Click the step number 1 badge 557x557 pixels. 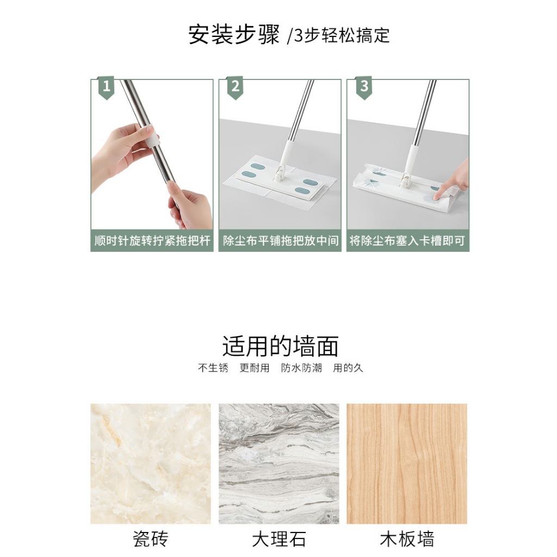pos(106,88)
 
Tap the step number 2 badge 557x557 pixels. pos(235,88)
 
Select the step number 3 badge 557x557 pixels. pos(364,88)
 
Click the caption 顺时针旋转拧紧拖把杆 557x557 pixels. pos(152,240)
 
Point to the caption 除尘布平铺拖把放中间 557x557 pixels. pos(281,240)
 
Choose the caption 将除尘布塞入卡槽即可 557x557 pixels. pos(407,240)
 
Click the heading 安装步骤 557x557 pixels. pos(234,35)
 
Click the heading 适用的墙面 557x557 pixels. pos(280,346)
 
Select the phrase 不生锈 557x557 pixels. pos(213,368)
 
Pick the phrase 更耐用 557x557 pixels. pos(255,368)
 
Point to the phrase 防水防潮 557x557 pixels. pos(301,368)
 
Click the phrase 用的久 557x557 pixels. pos(348,368)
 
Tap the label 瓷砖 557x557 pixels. pos(150,539)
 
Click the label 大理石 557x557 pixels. pos(279,539)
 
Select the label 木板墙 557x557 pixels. pos(407,539)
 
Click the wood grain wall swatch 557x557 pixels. pos(407,463)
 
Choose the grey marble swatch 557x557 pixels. pos(279,463)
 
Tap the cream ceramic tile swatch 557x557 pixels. pos(151,463)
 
